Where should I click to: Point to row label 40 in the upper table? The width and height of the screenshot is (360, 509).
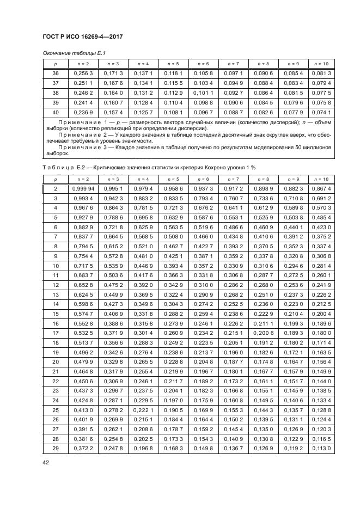click(x=55, y=112)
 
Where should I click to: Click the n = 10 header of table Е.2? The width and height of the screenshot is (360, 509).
click(x=322, y=179)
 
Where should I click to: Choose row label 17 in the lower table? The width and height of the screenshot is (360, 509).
click(x=55, y=332)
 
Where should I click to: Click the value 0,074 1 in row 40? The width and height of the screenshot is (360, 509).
click(x=322, y=112)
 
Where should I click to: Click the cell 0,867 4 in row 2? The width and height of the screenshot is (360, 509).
click(x=322, y=188)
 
